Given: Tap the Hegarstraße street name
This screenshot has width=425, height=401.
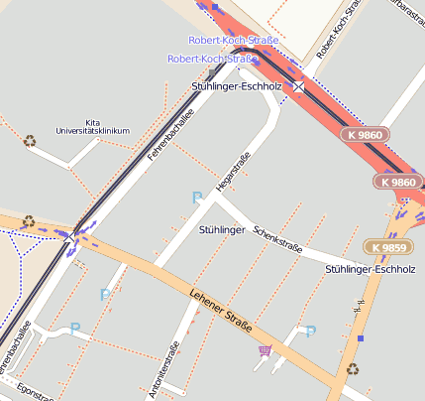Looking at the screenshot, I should point(230,172).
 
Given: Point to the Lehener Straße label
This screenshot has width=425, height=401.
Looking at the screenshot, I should point(220,311).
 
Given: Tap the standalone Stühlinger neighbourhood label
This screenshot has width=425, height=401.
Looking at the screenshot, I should point(222,230).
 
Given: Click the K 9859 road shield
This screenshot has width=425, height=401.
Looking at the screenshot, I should point(386,246).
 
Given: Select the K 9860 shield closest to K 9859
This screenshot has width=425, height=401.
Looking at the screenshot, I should point(398,182).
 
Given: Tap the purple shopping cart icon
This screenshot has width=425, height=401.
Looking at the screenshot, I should point(265,349).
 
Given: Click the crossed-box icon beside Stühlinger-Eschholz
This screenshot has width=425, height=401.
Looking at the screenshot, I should point(298,87).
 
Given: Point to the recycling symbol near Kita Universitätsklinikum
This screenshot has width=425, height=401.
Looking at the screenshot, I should point(30,141).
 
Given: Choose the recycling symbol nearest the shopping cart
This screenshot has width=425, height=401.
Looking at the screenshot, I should point(352,369).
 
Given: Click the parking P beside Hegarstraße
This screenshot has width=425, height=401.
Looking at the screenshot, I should point(196,199).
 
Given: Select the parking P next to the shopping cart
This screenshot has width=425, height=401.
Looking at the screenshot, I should point(310,332).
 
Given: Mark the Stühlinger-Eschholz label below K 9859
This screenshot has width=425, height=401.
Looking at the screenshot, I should point(370,269).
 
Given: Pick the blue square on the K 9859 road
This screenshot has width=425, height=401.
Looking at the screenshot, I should point(361,338).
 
